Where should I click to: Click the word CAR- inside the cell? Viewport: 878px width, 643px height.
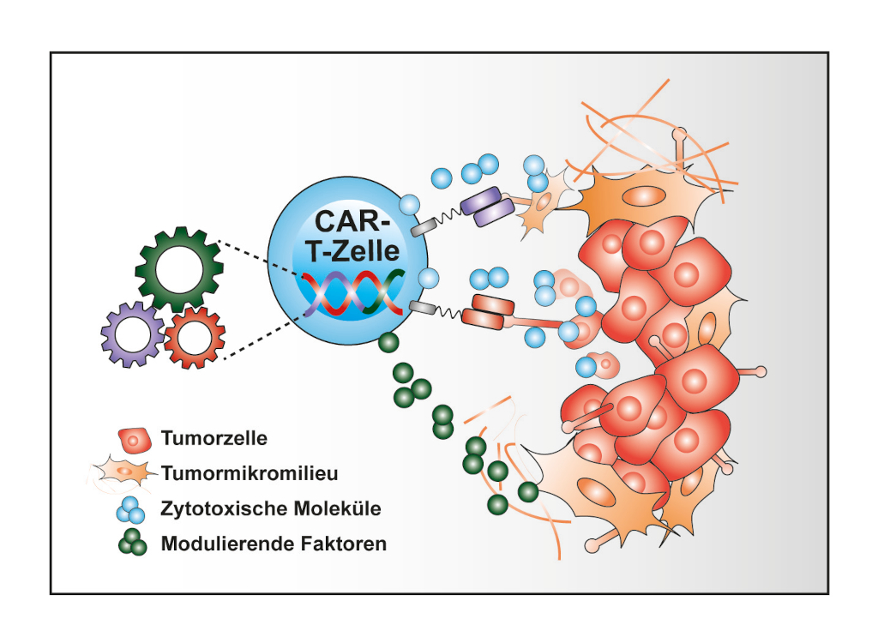coord(348,220)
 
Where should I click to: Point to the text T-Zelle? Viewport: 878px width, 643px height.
coord(352,250)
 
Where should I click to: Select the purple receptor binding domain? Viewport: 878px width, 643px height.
coord(487,206)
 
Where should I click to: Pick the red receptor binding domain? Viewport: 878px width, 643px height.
coord(488,312)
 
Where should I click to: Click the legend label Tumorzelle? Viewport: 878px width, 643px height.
coord(213,438)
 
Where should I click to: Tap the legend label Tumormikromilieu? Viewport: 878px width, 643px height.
coord(250,473)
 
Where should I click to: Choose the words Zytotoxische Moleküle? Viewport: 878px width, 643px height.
coord(271,508)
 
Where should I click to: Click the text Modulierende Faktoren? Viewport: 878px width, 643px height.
coord(274,544)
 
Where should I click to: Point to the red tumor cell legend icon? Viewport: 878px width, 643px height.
coord(135,441)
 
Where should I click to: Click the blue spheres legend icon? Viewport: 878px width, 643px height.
coord(131,508)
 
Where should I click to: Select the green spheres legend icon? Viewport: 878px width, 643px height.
coord(133,542)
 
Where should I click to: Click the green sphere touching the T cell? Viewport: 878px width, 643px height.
coord(388,342)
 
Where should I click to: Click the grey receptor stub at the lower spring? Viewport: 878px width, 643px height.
coord(423,306)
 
